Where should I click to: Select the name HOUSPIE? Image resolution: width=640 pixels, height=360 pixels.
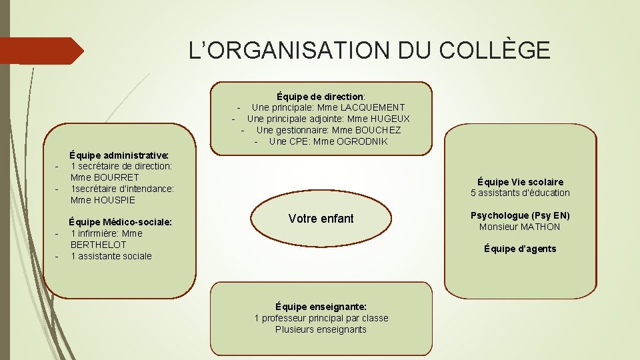tap(113, 200)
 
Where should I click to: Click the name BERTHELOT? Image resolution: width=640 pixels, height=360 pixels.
tap(98, 245)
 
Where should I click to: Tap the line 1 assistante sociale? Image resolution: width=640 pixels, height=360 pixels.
tap(111, 256)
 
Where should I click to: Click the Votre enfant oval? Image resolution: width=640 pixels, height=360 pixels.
tap(321, 219)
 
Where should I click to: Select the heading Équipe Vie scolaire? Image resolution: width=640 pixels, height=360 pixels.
tap(520, 181)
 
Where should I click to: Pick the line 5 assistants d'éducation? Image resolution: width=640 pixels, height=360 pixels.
tap(520, 193)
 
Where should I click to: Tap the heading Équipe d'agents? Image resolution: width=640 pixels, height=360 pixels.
tap(520, 249)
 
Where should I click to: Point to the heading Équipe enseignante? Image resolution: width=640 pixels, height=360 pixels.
tap(321, 307)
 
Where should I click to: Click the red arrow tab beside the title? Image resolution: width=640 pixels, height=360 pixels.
tap(43, 51)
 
